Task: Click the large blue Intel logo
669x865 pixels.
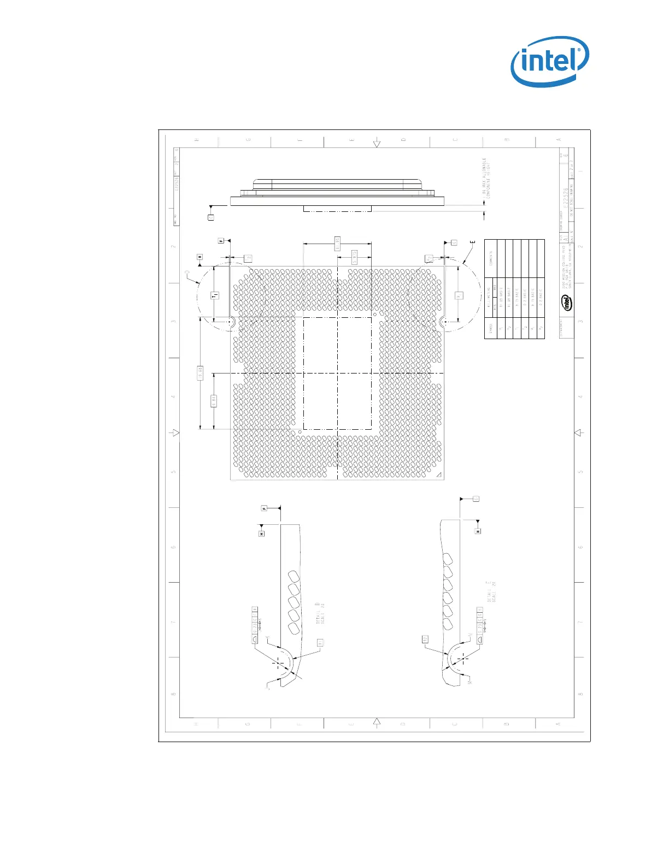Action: (549, 61)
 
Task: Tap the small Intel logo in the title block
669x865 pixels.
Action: (567, 302)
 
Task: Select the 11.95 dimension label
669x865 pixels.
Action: (338, 244)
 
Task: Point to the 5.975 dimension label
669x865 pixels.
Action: (354, 258)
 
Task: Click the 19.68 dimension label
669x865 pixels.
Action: (201, 374)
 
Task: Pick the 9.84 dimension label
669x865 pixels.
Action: (214, 401)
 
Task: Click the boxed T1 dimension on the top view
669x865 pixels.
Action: (215, 295)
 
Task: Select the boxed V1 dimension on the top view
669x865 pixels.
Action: (459, 295)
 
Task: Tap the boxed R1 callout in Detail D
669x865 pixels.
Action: (321, 643)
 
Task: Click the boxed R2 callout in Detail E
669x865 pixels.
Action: (425, 638)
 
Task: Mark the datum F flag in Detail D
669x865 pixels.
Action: (265, 508)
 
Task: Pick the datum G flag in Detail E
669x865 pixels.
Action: (476, 499)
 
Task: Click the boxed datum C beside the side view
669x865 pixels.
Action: (211, 217)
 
